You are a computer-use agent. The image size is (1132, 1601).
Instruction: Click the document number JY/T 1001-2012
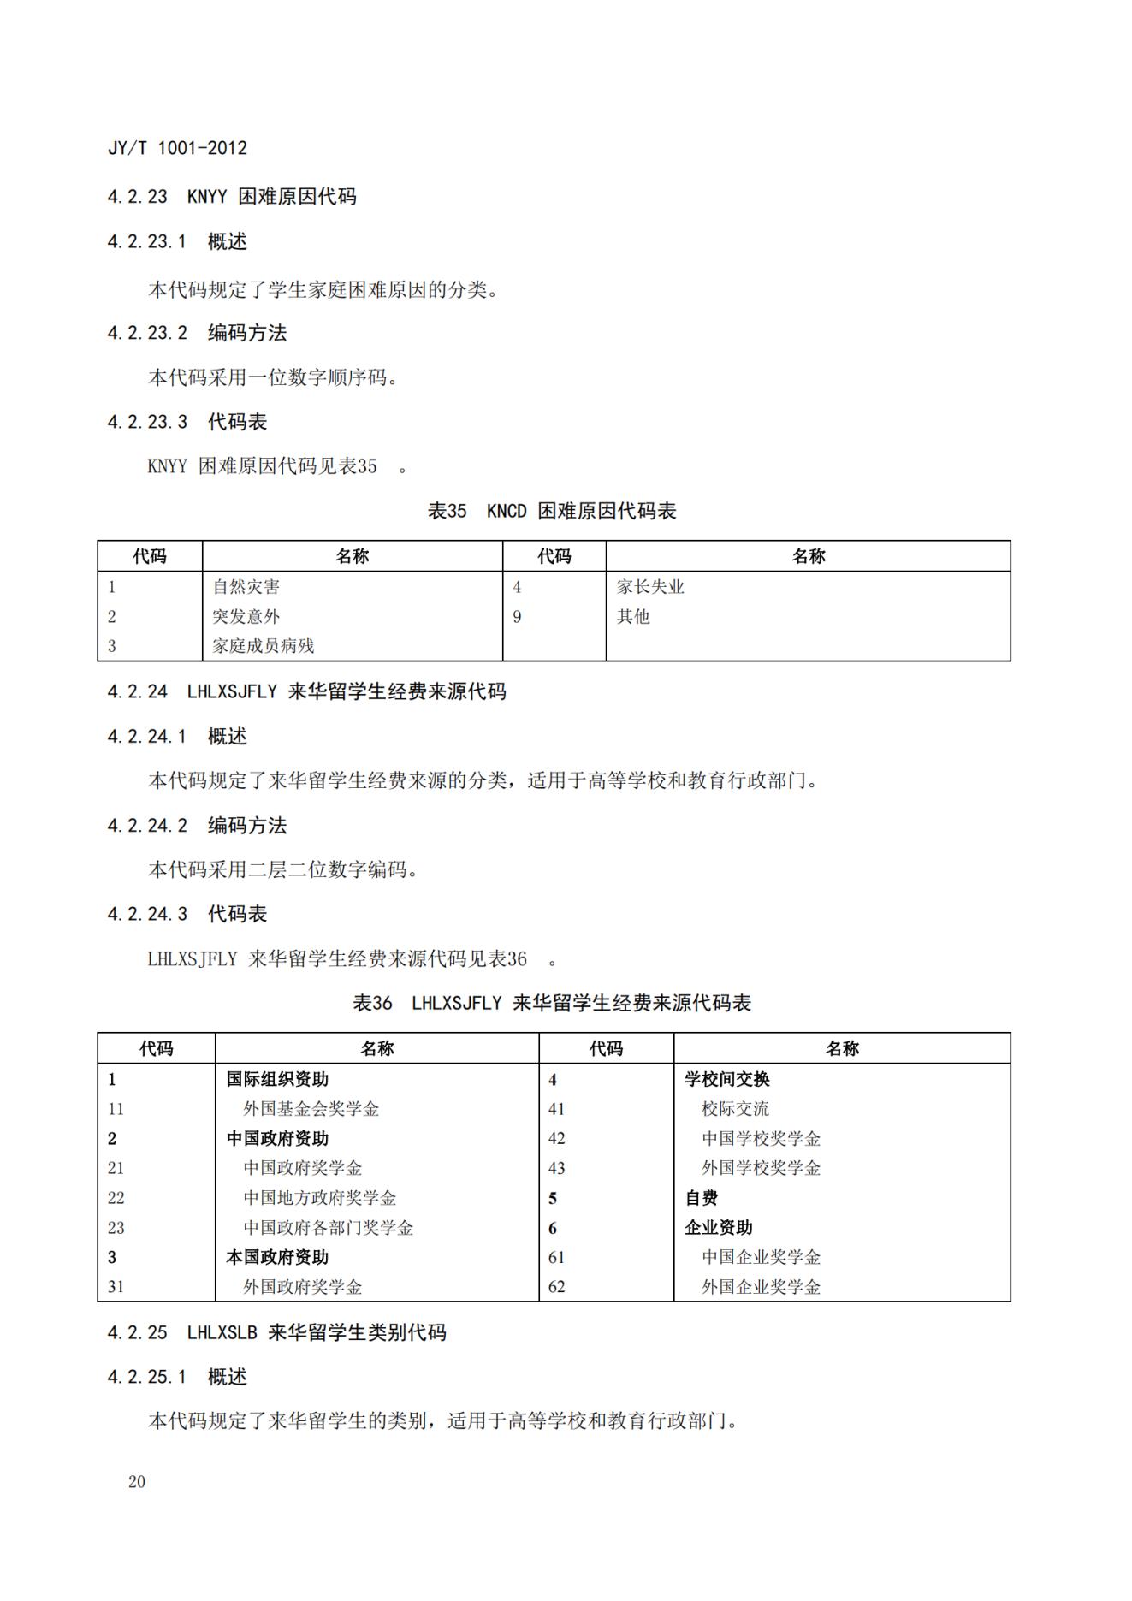pyautogui.click(x=177, y=148)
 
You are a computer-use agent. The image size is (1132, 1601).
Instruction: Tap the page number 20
pyautogui.click(x=137, y=1482)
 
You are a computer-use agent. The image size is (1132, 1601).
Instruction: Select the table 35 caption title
pyautogui.click(x=552, y=511)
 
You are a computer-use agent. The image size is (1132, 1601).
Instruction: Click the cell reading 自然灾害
pyautogui.click(x=246, y=587)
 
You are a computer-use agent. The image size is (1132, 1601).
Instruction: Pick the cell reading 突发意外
pyautogui.click(x=246, y=616)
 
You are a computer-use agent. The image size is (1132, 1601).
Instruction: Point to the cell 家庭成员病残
pyautogui.click(x=264, y=646)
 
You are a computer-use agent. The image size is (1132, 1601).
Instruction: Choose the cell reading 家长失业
pyautogui.click(x=650, y=587)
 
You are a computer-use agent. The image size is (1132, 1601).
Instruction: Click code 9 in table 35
pyautogui.click(x=517, y=616)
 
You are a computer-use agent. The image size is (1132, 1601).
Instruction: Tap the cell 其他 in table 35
pyautogui.click(x=633, y=616)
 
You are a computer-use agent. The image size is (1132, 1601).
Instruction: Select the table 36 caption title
pyautogui.click(x=552, y=1003)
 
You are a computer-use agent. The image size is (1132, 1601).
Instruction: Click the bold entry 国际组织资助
pyautogui.click(x=277, y=1079)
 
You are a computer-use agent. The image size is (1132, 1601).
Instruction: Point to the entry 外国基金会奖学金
pyautogui.click(x=311, y=1109)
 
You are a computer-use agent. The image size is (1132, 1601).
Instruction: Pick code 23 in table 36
pyautogui.click(x=116, y=1228)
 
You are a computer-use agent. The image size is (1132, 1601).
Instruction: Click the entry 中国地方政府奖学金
pyautogui.click(x=319, y=1198)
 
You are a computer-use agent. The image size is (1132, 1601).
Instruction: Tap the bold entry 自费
pyautogui.click(x=702, y=1198)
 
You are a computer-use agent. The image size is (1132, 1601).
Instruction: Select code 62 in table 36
pyautogui.click(x=557, y=1287)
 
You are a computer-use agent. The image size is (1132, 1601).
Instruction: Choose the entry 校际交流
pyautogui.click(x=735, y=1109)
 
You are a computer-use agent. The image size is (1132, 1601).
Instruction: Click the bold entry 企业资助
pyautogui.click(x=719, y=1228)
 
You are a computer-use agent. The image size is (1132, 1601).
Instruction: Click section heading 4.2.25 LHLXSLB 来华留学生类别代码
pyautogui.click(x=276, y=1332)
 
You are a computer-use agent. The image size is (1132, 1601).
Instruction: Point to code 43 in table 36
pyautogui.click(x=557, y=1168)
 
